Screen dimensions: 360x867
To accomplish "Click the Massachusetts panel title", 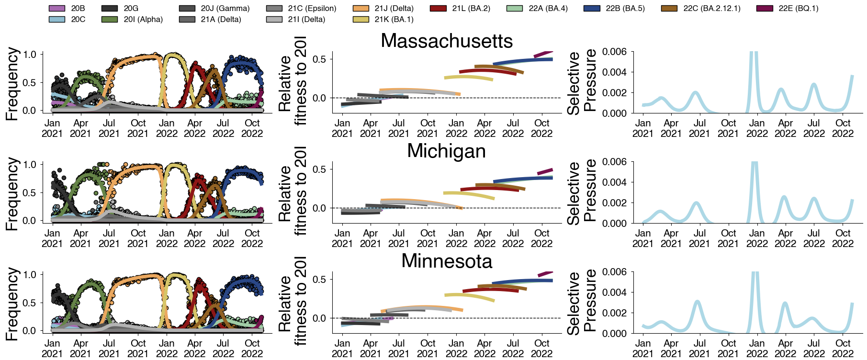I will pyautogui.click(x=446, y=41).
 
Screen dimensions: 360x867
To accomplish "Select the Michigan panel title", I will pyautogui.click(x=446, y=151).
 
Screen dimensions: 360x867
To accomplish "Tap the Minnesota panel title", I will pyautogui.click(x=446, y=261).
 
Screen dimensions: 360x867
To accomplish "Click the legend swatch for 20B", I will pyautogui.click(x=57, y=9).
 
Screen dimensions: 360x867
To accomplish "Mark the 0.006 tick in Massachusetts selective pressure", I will pyautogui.click(x=614, y=52).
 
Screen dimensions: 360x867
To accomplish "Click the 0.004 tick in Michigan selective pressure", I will pyautogui.click(x=614, y=182).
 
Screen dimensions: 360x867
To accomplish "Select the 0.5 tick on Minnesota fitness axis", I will pyautogui.click(x=319, y=280).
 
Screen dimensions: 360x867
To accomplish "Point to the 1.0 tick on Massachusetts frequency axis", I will pyautogui.click(x=30, y=55).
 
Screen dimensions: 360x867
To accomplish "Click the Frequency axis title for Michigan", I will pyautogui.click(x=12, y=193).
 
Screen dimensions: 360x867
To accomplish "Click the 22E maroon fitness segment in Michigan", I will pyautogui.click(x=545, y=171).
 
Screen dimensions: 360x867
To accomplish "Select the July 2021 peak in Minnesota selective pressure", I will pyautogui.click(x=698, y=302).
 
